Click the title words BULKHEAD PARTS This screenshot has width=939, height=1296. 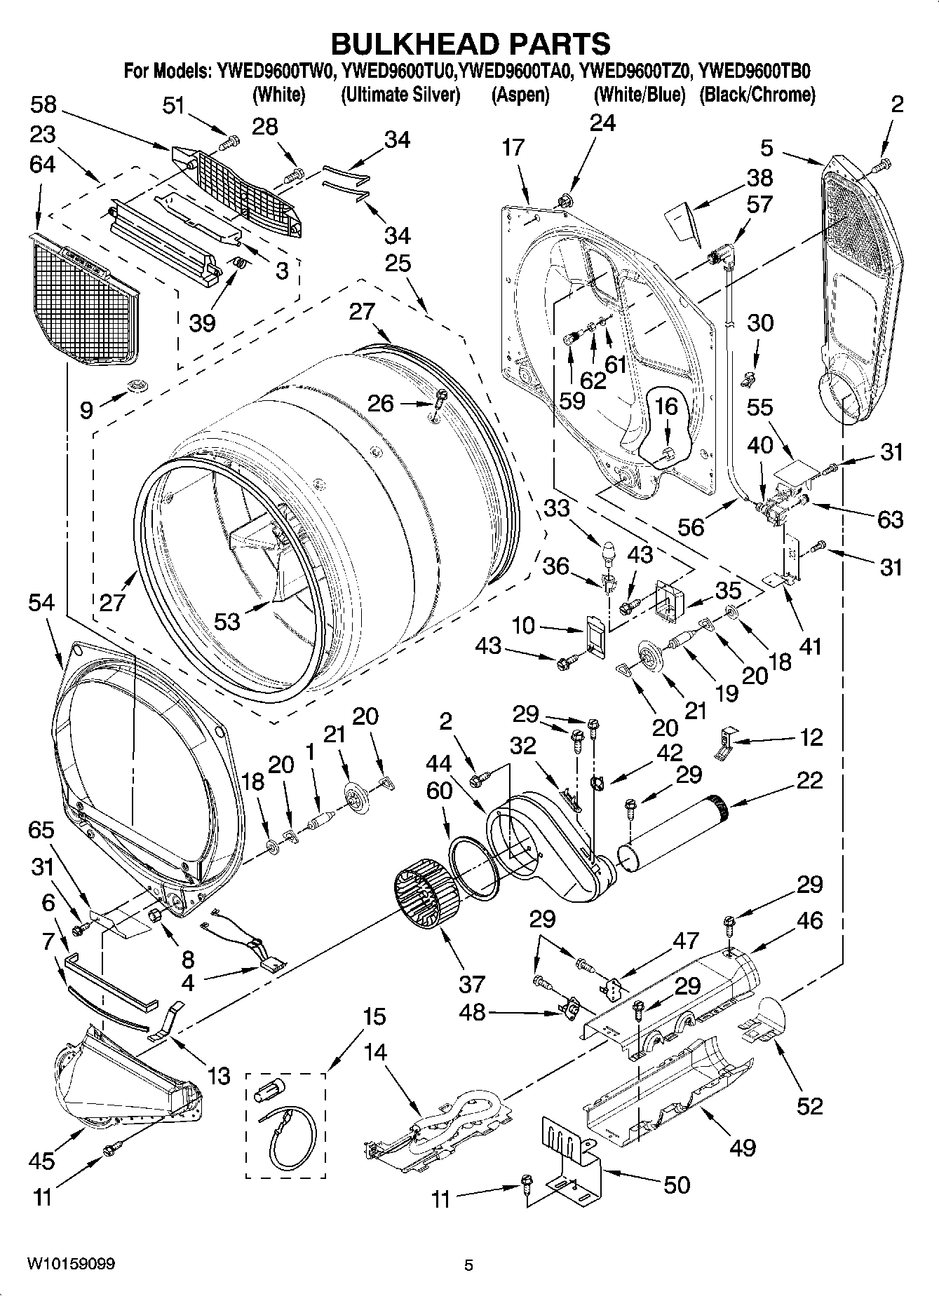[470, 43]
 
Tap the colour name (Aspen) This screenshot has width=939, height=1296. [520, 95]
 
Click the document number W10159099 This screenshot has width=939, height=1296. [72, 1264]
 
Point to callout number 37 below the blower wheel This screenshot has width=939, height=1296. [471, 983]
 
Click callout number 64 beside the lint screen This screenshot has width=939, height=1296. [43, 164]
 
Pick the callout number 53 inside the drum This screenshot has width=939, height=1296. [227, 620]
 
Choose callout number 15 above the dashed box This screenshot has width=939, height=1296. [374, 1016]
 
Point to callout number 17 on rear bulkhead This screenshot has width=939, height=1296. [513, 147]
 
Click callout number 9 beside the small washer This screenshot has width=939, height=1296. [86, 409]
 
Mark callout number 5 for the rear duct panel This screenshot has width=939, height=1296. [766, 148]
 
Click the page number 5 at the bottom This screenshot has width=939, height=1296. [469, 1265]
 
